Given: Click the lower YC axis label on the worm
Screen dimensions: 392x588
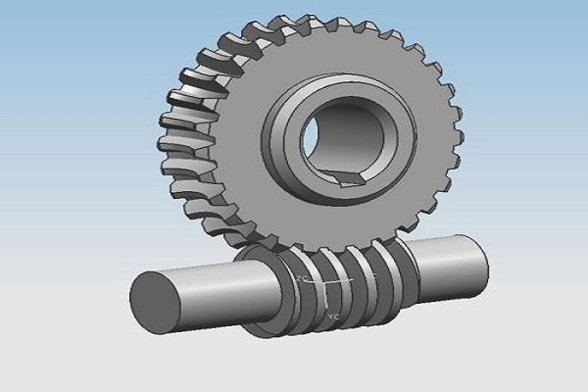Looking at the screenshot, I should point(334,317).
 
